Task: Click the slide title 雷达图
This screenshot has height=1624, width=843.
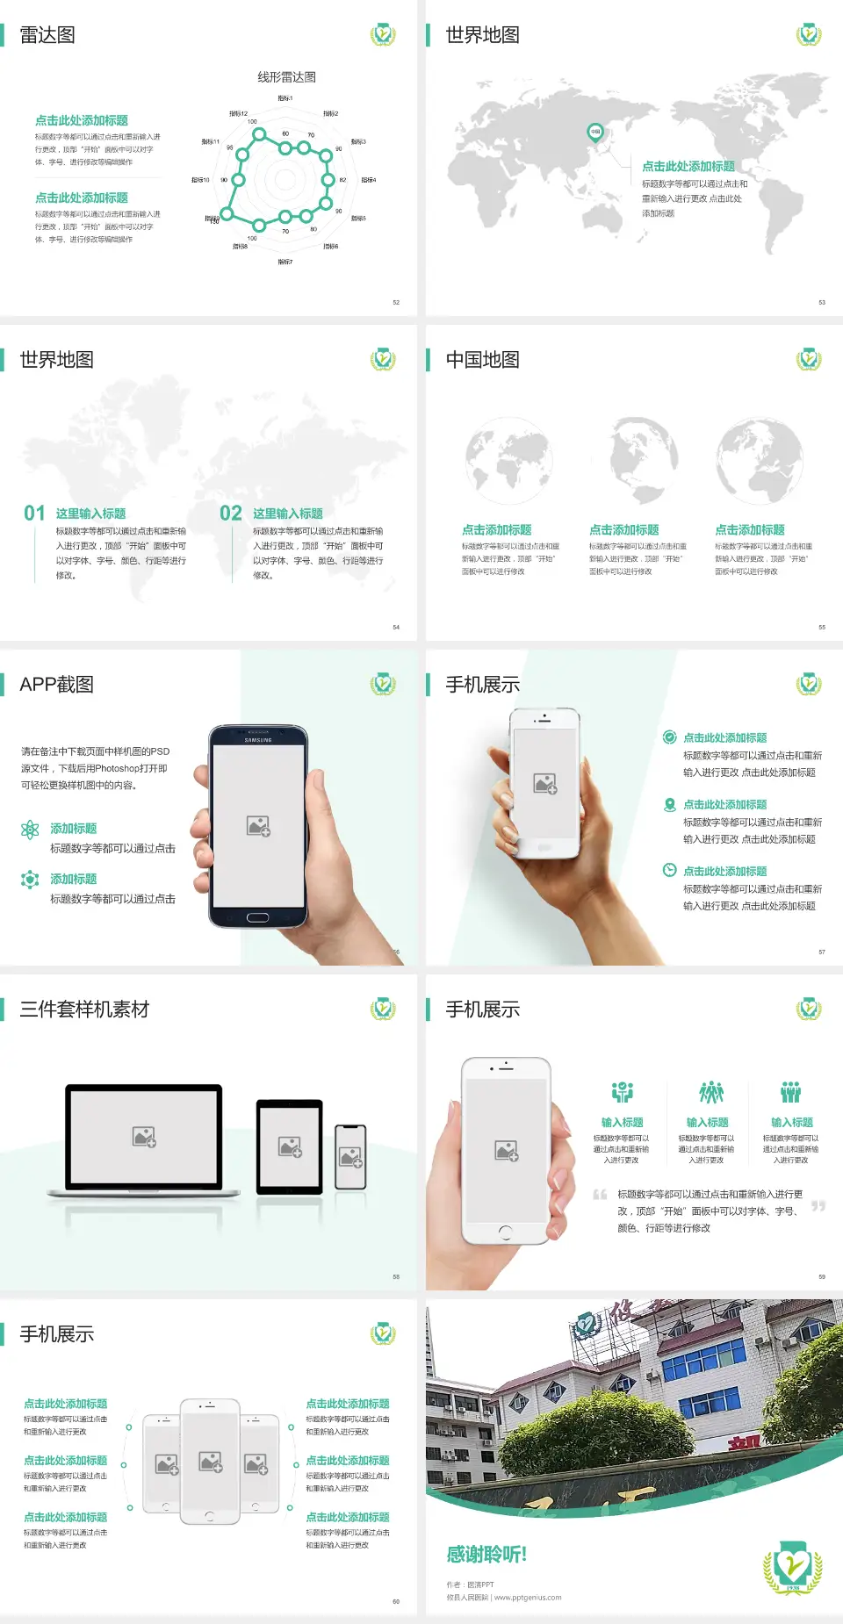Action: coord(47,35)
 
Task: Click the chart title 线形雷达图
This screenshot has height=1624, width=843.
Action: coord(286,77)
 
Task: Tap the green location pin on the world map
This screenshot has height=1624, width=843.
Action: coord(594,133)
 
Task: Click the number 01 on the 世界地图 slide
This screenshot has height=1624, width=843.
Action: coord(34,514)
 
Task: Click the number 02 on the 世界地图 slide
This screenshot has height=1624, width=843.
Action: coord(231,514)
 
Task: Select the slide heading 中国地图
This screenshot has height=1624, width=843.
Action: coord(482,360)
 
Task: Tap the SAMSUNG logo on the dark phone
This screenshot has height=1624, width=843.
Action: coord(258,740)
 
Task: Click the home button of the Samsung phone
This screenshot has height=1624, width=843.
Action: coord(257,918)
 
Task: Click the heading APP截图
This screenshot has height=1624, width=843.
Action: coord(57,685)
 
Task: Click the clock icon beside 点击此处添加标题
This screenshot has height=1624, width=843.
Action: coord(669,870)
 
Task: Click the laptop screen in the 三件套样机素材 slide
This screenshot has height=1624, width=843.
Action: coord(144,1137)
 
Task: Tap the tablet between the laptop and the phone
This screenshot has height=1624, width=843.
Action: coord(290,1146)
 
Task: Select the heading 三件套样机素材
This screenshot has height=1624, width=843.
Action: coord(84,1010)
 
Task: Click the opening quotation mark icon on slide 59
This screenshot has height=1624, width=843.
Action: coord(600,1195)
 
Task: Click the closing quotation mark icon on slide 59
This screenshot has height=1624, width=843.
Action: coord(818,1206)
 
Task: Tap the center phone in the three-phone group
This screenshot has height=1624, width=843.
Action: coord(210,1462)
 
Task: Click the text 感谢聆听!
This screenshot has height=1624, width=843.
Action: coord(486,1555)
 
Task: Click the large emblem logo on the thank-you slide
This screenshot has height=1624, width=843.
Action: coord(792,1567)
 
